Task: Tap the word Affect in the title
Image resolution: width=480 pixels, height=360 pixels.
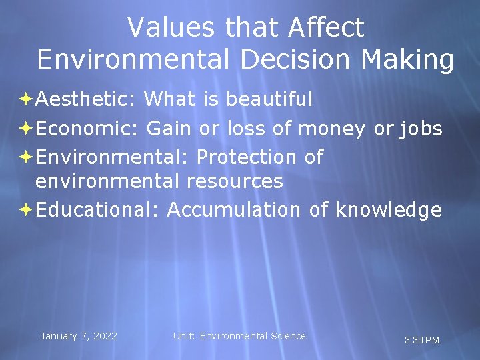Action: [327, 27]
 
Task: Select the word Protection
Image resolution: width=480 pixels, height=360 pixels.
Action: [246, 157]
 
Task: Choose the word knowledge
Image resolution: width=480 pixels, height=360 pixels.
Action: [389, 210]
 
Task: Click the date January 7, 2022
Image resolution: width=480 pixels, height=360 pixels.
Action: [79, 336]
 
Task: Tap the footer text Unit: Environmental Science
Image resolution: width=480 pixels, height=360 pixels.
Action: [239, 336]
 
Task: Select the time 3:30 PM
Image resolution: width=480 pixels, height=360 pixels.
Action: [422, 341]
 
